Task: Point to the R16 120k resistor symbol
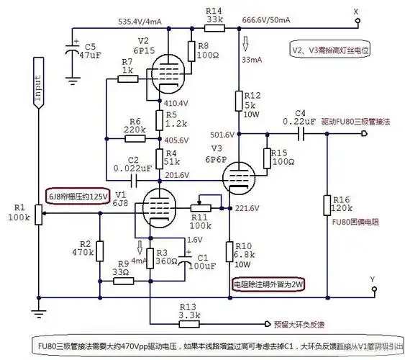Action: [327, 206]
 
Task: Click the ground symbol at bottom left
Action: [36, 312]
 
